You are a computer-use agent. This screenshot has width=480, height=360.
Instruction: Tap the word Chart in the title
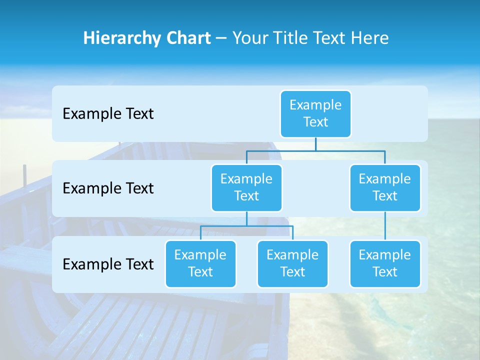coord(186,38)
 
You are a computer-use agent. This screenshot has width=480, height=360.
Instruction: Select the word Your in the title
coord(249,38)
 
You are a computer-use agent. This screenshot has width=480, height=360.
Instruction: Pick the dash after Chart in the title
coord(221,38)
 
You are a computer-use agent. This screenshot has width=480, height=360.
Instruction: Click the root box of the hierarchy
coord(315,113)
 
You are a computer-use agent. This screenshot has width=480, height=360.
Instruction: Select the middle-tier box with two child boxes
coord(246,187)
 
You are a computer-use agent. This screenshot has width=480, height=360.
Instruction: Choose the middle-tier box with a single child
coord(385,187)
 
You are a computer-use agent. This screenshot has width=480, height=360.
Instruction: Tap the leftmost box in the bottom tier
coord(200,263)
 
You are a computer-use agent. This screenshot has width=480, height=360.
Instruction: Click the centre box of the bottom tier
coord(292,263)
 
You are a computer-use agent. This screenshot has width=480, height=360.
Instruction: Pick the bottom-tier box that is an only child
coord(385,263)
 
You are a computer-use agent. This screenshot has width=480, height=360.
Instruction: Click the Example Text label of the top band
coord(108,113)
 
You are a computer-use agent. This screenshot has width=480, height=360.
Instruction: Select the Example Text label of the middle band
coord(108,188)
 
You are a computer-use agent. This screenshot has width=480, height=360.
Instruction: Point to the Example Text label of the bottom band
coord(108,264)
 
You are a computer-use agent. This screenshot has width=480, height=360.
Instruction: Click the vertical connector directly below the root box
coord(315,144)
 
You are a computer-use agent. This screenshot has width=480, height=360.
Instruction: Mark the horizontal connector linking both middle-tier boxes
coord(315,150)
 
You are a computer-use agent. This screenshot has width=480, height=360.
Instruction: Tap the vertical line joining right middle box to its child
coord(385,226)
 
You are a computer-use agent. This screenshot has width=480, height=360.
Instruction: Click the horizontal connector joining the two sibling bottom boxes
coord(246,226)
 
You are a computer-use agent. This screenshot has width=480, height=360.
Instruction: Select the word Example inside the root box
coord(315,105)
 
